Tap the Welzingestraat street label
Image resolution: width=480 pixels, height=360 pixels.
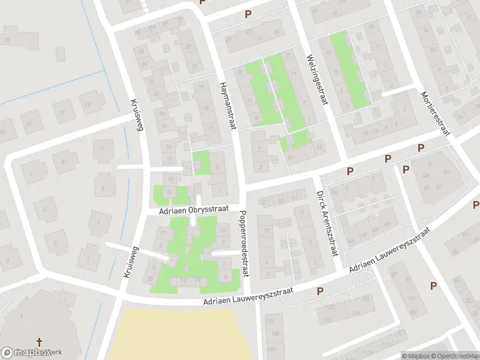[317, 80]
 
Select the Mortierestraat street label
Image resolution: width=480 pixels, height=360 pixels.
[436, 114]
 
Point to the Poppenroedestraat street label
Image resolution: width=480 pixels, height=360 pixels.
[244, 243]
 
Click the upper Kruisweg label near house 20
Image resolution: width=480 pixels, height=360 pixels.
[137, 107]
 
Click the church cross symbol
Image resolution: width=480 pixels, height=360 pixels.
[40, 343]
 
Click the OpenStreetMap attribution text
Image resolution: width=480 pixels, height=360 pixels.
[452, 356]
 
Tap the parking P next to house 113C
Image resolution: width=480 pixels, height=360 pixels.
[320, 290]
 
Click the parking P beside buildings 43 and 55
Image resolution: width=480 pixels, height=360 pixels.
[247, 14]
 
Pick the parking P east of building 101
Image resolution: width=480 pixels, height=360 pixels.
[433, 286]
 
